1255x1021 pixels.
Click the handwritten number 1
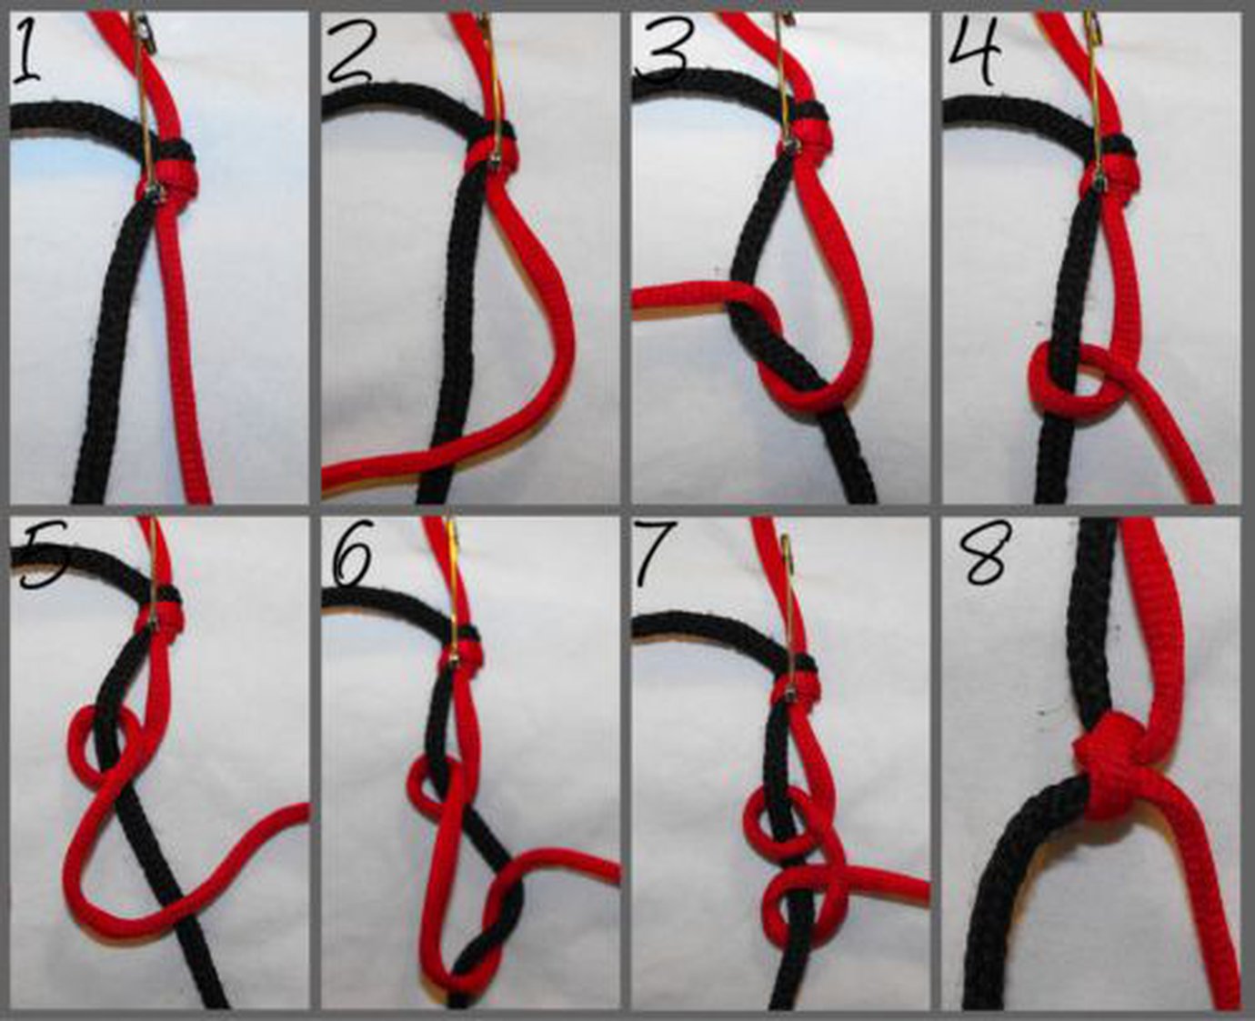pos(27,56)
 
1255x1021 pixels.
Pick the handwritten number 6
pos(351,557)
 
